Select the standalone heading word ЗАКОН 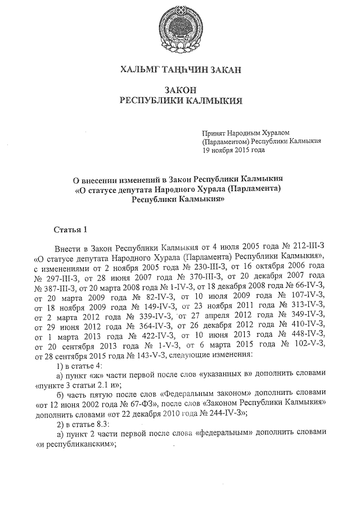click(x=181, y=90)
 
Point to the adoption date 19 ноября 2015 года click(x=233, y=150)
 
